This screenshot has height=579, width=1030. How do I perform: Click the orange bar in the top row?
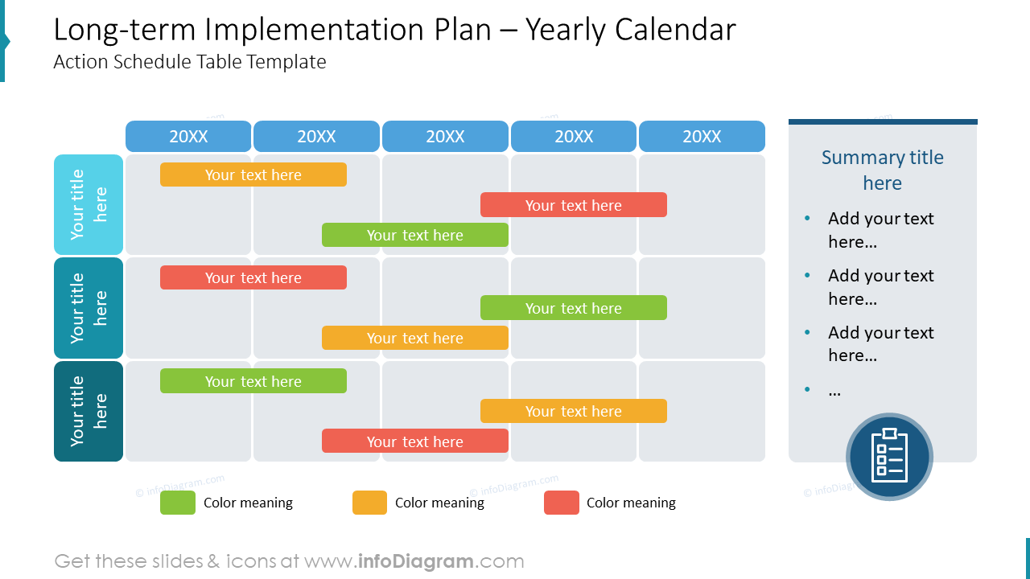[253, 175]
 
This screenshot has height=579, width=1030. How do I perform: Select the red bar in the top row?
[574, 205]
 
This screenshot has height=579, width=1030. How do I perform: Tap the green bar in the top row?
[415, 235]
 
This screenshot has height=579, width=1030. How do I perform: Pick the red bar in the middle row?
[253, 277]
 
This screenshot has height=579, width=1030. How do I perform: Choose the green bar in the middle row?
[574, 308]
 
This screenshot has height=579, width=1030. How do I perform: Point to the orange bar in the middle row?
[415, 338]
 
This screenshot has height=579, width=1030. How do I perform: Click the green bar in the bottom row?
[253, 381]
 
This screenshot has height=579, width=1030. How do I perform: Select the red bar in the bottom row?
[415, 441]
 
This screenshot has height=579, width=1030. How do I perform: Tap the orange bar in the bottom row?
[574, 411]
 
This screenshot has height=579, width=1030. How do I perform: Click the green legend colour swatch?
[178, 503]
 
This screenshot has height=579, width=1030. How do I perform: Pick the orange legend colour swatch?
[369, 503]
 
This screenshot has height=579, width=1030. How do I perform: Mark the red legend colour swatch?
[562, 503]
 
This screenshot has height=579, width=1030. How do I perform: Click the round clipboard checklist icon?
[889, 457]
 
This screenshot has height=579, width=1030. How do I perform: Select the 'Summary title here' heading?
[883, 170]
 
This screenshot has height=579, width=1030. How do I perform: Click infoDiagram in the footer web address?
[414, 561]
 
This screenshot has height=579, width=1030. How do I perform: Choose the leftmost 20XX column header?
[188, 137]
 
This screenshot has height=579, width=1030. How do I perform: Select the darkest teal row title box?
[89, 411]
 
